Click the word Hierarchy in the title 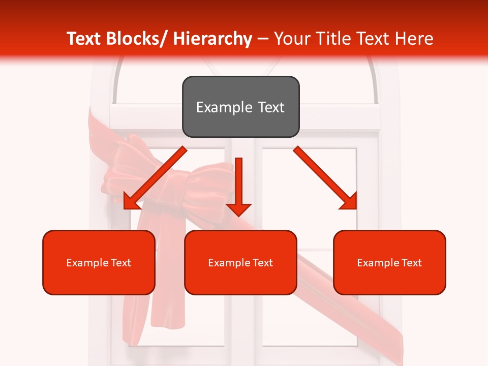(x=212, y=39)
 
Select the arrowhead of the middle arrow (x=238, y=209)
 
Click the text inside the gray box (x=240, y=107)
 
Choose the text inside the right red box (x=389, y=263)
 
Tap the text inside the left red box (x=99, y=263)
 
